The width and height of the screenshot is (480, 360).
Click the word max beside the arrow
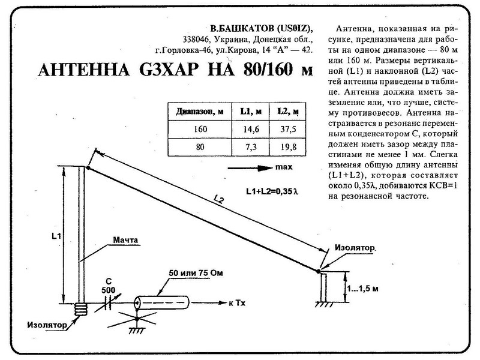click(284, 167)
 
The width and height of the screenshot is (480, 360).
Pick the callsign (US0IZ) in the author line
click(290, 28)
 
